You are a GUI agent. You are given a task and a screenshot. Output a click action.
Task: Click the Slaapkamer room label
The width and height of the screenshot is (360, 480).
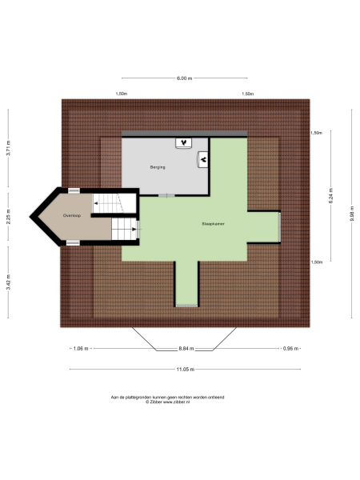pos(213,225)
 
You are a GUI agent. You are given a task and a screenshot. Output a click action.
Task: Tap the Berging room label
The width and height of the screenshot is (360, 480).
pos(157,167)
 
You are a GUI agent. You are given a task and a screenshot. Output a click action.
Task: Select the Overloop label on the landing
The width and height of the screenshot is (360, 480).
pos(73,216)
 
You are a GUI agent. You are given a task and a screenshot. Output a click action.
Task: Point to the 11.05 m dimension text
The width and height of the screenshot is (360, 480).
pos(184,369)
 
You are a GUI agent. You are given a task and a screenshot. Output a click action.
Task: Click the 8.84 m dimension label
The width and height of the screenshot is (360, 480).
pos(185,349)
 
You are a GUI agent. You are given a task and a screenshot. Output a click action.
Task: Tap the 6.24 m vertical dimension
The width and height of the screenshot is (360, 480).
pos(330,196)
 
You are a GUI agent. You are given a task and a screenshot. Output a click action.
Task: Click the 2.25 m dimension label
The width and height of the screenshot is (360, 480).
pos(8,216)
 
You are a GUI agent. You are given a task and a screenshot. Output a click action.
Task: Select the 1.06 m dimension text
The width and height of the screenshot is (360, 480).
pos(79,349)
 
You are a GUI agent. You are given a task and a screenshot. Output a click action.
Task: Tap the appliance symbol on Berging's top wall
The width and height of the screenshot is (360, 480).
pos(185,142)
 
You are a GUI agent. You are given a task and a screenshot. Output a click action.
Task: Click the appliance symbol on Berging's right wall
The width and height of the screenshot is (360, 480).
pos(203,159)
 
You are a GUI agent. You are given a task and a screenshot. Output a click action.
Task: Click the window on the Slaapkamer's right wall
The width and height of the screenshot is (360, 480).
pos(279,227)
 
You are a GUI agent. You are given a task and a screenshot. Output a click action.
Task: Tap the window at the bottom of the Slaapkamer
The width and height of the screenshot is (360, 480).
pos(186,304)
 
